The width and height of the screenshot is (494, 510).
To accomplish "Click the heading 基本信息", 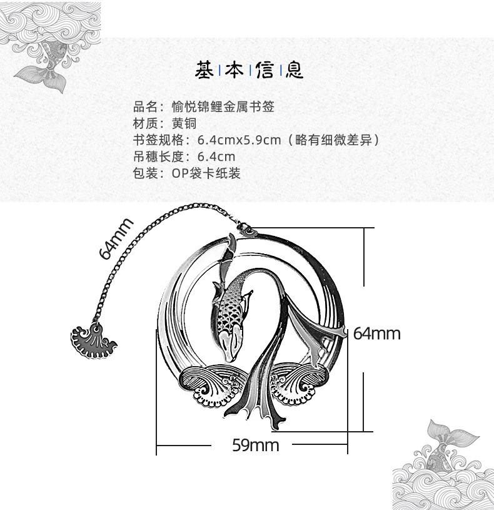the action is [250, 70].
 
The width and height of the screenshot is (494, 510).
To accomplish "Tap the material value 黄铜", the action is [184, 123].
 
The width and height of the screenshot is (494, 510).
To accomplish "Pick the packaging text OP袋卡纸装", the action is [206, 173].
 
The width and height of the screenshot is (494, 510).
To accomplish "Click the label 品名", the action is [145, 107].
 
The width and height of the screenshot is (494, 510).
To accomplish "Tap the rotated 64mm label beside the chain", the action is [116, 238].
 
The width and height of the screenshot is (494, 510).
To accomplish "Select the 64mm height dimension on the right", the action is [376, 333].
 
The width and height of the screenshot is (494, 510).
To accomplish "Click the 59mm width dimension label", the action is [255, 446].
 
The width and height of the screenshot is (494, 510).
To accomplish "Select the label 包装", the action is [145, 173].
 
